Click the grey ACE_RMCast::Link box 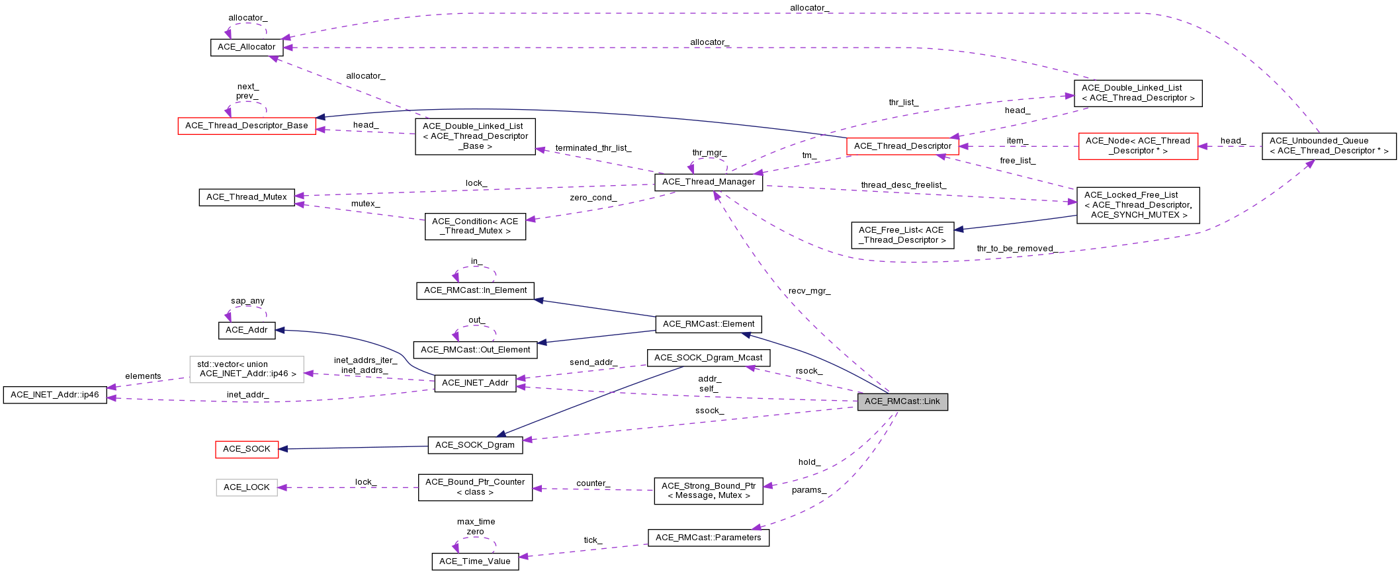(902, 401)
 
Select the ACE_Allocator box (246, 47)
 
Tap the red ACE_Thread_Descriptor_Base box (247, 126)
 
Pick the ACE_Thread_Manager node (708, 182)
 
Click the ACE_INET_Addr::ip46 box (55, 395)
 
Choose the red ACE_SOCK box (246, 449)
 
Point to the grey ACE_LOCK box (246, 487)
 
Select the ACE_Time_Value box (474, 561)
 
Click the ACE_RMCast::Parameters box (708, 538)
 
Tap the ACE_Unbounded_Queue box (1329, 146)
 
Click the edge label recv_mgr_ (809, 291)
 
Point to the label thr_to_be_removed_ (1016, 249)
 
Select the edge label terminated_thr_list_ (593, 148)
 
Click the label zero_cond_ (593, 198)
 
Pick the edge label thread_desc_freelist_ (903, 185)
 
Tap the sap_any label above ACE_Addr (247, 301)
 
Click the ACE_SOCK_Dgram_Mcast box (708, 358)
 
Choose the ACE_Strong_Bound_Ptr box (708, 491)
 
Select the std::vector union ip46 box (247, 369)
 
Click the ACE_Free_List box (902, 235)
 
